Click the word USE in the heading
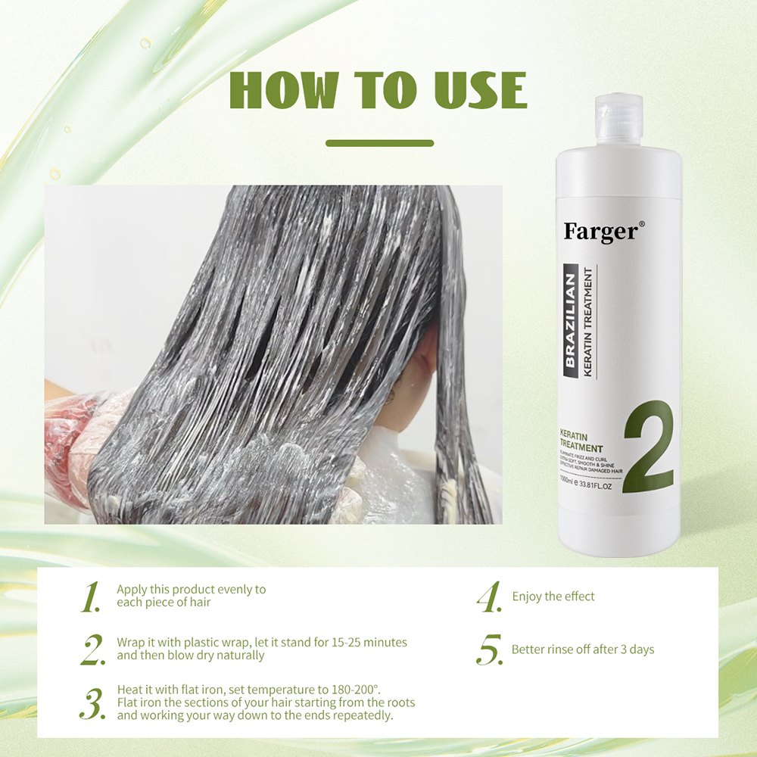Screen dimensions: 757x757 481,92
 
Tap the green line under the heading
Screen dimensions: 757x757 379,142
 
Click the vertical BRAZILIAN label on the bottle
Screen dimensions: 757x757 572,318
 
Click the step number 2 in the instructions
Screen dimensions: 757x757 92,650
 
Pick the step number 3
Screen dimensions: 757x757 92,703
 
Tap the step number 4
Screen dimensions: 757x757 489,597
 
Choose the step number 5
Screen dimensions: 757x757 490,650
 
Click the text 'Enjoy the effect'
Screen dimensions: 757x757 553,597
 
